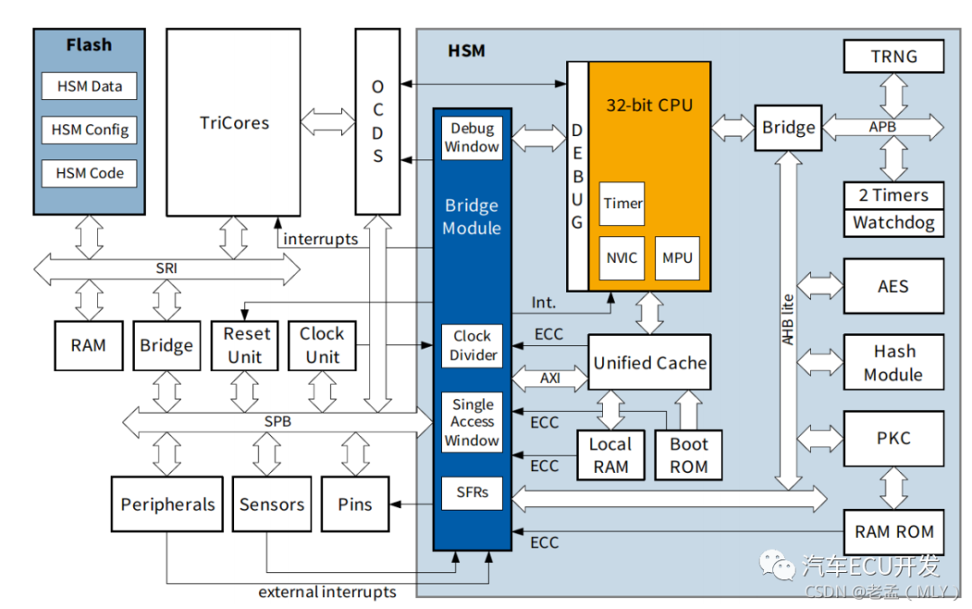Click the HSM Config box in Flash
(x=89, y=130)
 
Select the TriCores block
(x=234, y=123)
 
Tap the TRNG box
(x=894, y=56)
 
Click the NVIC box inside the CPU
(x=622, y=258)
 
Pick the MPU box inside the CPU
(x=677, y=258)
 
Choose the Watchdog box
(x=894, y=223)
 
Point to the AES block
(x=894, y=286)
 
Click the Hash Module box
(x=894, y=362)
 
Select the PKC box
(x=894, y=439)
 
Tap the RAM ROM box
(x=894, y=532)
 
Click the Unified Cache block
(x=649, y=362)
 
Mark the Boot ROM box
(x=688, y=455)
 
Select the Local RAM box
(x=610, y=455)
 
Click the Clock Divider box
(x=472, y=345)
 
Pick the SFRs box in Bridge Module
(x=472, y=492)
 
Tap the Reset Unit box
(x=247, y=345)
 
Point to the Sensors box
(x=272, y=504)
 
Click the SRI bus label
(x=166, y=268)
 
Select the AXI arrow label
(x=549, y=377)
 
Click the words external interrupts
(x=327, y=592)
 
